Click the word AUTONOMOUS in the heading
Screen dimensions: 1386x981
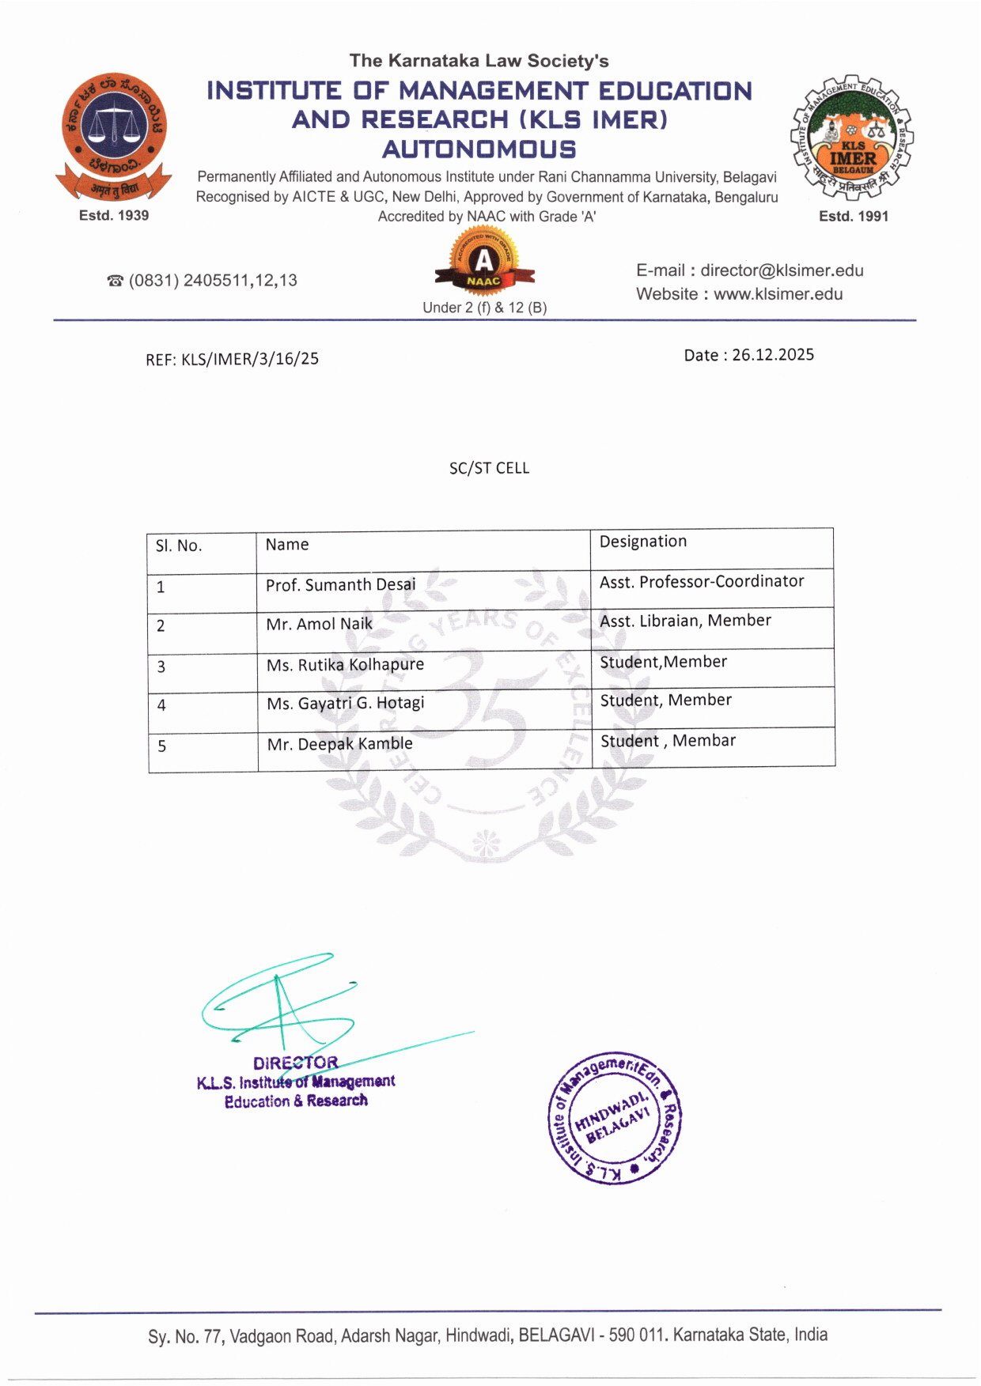click(x=479, y=149)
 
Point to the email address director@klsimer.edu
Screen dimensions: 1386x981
click(x=782, y=270)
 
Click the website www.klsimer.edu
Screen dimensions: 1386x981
click(x=778, y=294)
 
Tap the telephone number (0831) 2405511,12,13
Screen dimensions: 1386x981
click(x=212, y=280)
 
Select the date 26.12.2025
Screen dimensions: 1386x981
click(x=772, y=354)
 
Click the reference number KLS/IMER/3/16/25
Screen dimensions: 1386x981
click(x=249, y=359)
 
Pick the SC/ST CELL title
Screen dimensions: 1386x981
click(x=489, y=468)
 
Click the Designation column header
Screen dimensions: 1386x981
click(x=642, y=542)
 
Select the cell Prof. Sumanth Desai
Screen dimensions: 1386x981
click(x=340, y=585)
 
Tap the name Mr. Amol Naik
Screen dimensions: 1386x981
click(x=319, y=624)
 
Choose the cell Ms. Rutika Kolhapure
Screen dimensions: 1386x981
click(x=345, y=665)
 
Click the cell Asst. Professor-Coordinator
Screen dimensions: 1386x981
click(x=701, y=582)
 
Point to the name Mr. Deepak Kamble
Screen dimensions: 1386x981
click(x=339, y=744)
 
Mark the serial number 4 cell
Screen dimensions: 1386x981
click(x=161, y=705)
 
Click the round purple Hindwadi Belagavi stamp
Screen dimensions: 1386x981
click(x=615, y=1119)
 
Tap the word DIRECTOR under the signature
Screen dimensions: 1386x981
click(x=295, y=1063)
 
